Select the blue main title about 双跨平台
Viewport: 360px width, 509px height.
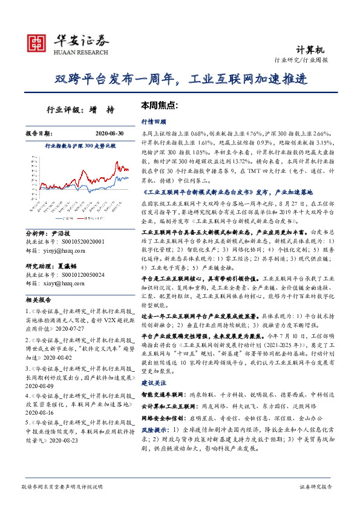click(x=180, y=79)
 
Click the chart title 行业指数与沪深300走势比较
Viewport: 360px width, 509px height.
click(x=80, y=146)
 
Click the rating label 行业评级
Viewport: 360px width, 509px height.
click(x=63, y=111)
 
